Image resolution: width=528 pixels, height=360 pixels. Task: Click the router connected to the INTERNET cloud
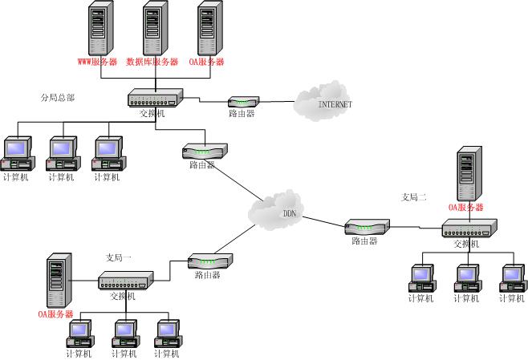click(x=243, y=102)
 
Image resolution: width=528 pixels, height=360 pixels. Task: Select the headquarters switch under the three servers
click(x=155, y=99)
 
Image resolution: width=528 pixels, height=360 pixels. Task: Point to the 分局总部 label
click(x=58, y=98)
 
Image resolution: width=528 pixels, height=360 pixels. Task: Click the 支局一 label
click(x=120, y=258)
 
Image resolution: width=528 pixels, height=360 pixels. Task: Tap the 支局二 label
click(x=414, y=196)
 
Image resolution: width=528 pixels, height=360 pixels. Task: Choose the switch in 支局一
click(x=125, y=281)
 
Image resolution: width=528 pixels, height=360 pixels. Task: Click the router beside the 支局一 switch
click(x=209, y=261)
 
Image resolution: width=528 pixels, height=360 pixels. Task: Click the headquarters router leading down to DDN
click(x=204, y=151)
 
